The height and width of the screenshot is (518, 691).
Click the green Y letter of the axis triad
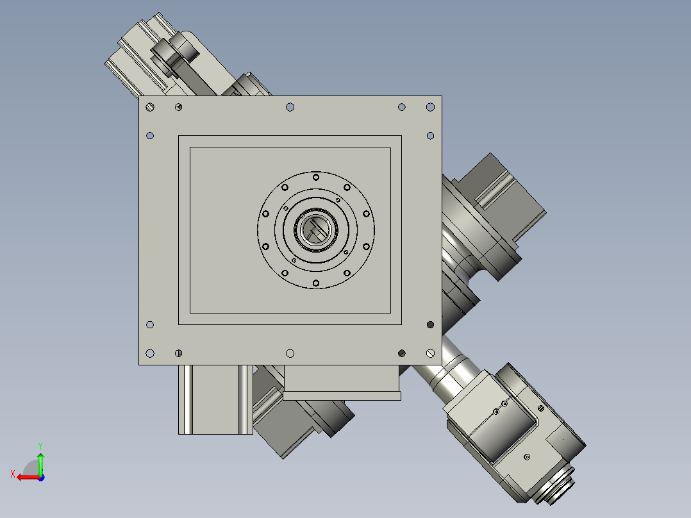[40, 446]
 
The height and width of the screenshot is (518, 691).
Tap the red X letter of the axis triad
[13, 474]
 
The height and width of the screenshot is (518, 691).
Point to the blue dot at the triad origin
[41, 478]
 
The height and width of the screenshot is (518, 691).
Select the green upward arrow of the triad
[40, 464]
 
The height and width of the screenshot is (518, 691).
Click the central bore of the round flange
[316, 230]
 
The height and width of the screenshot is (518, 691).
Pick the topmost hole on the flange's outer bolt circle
[316, 177]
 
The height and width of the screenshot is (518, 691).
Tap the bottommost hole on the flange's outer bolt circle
[316, 283]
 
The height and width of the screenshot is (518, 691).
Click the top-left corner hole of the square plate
[150, 107]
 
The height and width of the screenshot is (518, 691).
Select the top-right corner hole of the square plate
[431, 107]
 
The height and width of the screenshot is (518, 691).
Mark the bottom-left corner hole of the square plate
[150, 353]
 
